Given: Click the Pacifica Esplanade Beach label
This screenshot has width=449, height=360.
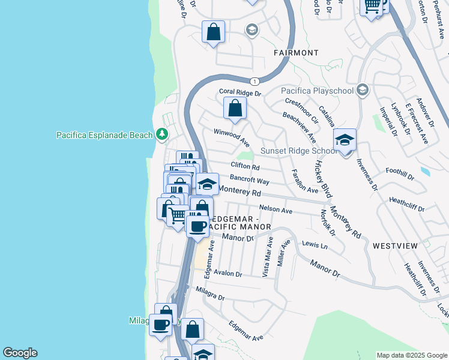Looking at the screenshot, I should point(104,135).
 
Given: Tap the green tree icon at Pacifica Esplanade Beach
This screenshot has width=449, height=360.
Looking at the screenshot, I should point(162,134).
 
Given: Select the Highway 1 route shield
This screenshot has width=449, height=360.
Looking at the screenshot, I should point(256,81).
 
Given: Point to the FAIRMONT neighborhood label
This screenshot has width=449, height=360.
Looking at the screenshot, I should point(296,53).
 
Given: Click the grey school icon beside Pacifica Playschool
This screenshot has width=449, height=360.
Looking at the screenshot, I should point(361,90).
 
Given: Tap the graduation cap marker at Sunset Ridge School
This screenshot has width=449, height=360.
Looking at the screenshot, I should point(345,141).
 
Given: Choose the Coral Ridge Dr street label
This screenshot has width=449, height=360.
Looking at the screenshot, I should point(240,93).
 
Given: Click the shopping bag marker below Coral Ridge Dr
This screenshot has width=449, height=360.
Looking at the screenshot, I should point(235,109).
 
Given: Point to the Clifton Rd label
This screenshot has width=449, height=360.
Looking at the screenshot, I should point(245,166).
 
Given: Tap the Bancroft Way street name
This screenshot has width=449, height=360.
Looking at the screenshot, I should point(249,181).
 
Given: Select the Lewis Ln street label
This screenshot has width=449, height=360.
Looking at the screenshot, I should point(315,245).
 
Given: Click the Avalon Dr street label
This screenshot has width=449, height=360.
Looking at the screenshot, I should point(228,274).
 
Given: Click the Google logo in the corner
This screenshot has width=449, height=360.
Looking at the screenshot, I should point(20,353).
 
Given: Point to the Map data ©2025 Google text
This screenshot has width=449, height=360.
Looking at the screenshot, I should point(411,355).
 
